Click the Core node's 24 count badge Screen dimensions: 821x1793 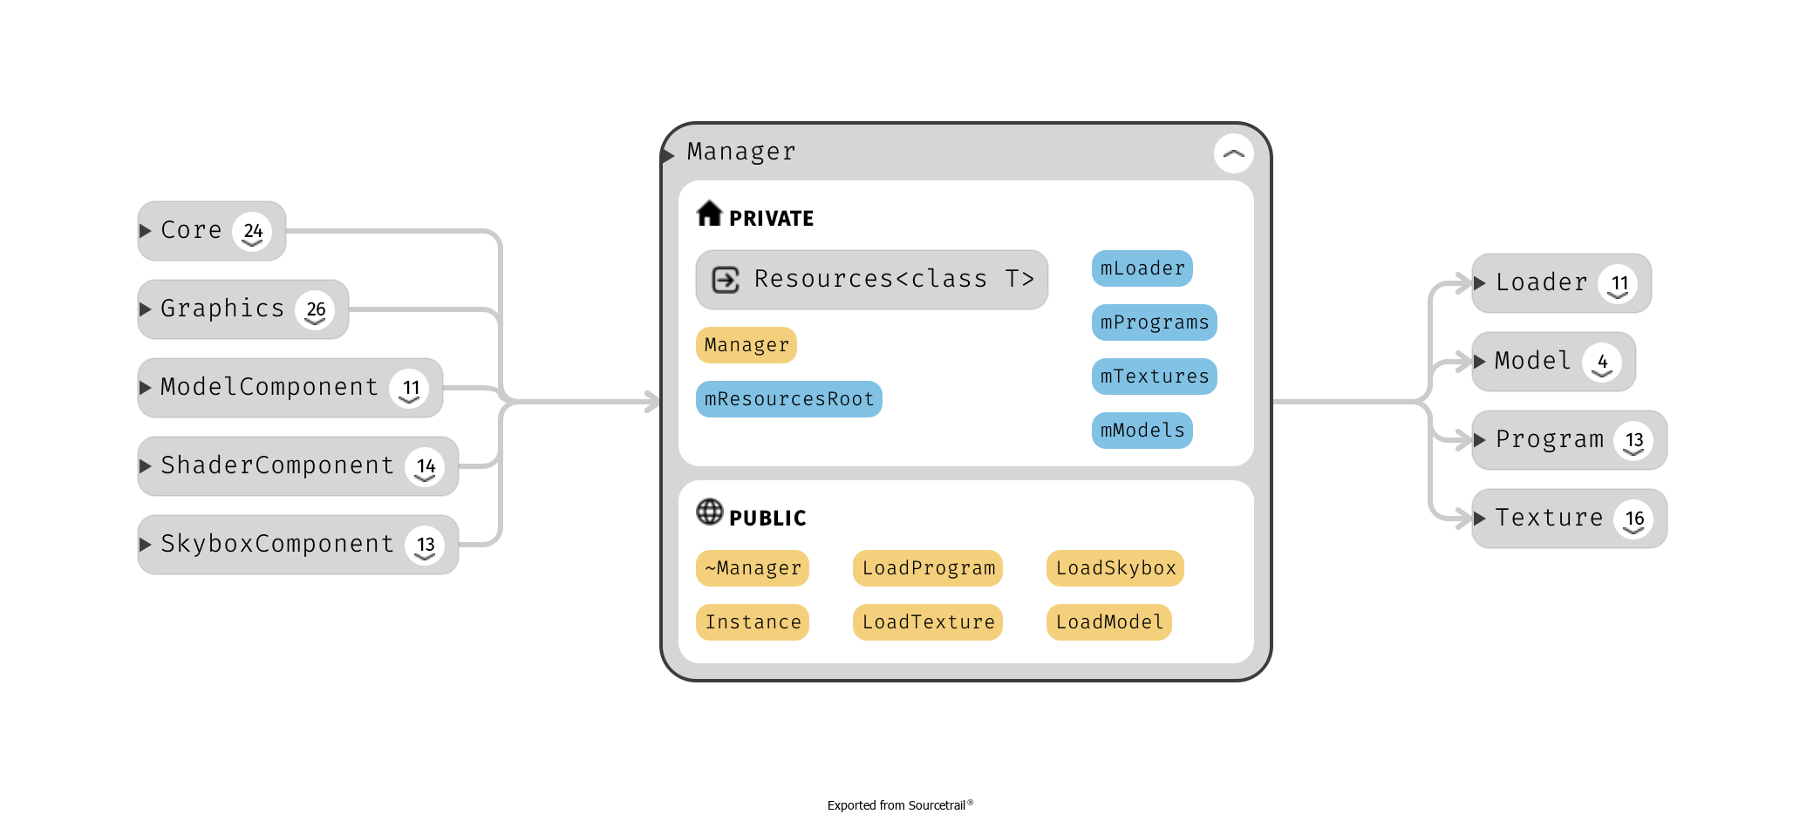[x=253, y=232]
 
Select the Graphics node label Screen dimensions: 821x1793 [x=222, y=309]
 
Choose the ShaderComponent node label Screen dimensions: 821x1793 [x=277, y=466]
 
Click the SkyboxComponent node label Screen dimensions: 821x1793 [x=277, y=545]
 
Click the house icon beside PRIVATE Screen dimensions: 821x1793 [x=709, y=214]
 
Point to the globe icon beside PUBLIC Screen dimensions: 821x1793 [x=709, y=512]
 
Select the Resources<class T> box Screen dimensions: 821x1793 [x=871, y=280]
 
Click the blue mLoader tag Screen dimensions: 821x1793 [x=1142, y=268]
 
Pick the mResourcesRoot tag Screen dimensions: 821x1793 [x=788, y=399]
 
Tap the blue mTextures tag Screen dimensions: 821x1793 [x=1154, y=377]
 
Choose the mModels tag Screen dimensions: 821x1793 [x=1142, y=431]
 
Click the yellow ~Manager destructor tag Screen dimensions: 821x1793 [x=753, y=568]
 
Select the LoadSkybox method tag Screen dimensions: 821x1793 [x=1115, y=568]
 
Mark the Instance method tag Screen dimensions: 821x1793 [x=753, y=622]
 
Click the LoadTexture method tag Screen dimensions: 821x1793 [x=928, y=622]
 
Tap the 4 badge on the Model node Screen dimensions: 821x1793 [x=1602, y=363]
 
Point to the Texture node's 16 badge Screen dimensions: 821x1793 [x=1633, y=519]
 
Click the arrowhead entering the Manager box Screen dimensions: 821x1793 [x=653, y=402]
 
